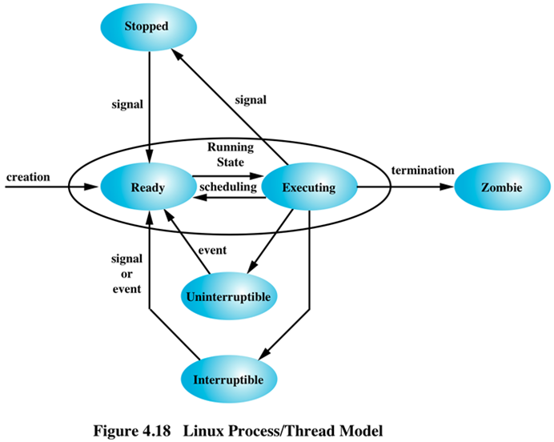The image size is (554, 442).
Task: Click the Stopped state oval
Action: pos(147,26)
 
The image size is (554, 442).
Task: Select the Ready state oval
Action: pos(147,188)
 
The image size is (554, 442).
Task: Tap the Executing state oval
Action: pos(309,188)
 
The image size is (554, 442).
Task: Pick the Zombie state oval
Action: pos(502,188)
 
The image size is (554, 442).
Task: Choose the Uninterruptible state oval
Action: pos(228,296)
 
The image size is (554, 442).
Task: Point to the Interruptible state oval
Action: pos(228,377)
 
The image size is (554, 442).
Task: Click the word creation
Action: pos(28,176)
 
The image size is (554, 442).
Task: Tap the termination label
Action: pos(424,171)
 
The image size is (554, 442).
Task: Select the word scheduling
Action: pos(227,187)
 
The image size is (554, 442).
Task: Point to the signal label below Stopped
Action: pos(126,103)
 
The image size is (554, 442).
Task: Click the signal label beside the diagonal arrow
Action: pos(251,100)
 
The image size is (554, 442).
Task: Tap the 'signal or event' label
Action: pos(126,273)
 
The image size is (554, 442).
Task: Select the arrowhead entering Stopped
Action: pos(179,50)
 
